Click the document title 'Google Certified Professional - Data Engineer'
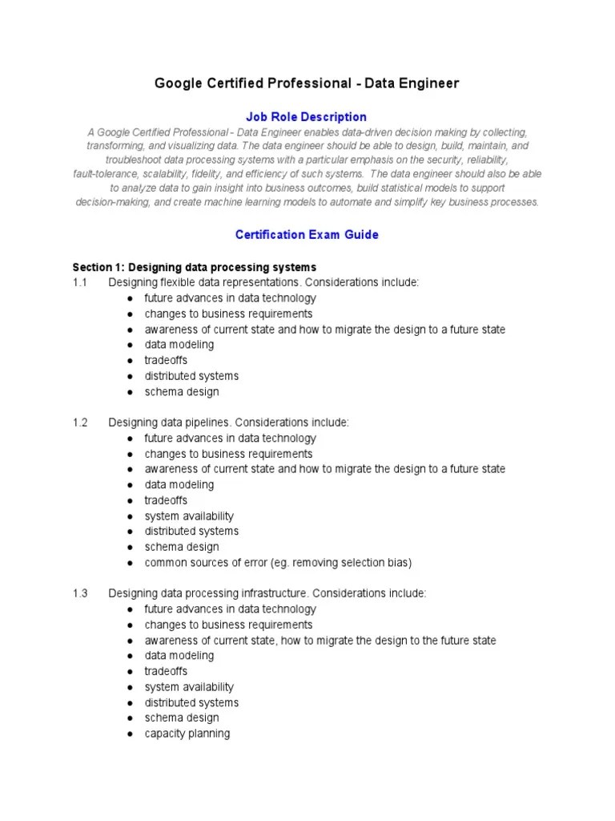click(x=307, y=84)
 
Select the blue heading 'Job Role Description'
click(x=307, y=117)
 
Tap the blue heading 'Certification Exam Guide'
click(x=307, y=235)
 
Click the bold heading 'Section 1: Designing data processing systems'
click(x=195, y=267)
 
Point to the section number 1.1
click(x=79, y=282)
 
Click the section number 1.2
click(x=79, y=423)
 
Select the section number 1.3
click(x=79, y=593)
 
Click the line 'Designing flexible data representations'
click(x=263, y=282)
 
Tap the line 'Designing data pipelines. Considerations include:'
click(x=229, y=423)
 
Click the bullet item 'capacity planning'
click(x=187, y=734)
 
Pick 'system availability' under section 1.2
click(x=189, y=516)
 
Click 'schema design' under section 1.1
click(x=181, y=392)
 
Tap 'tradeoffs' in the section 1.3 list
click(x=166, y=671)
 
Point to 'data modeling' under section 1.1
click(x=179, y=345)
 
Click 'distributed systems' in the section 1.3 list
click(x=191, y=702)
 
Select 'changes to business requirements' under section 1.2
click(x=228, y=454)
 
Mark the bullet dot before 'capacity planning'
click(x=129, y=734)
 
